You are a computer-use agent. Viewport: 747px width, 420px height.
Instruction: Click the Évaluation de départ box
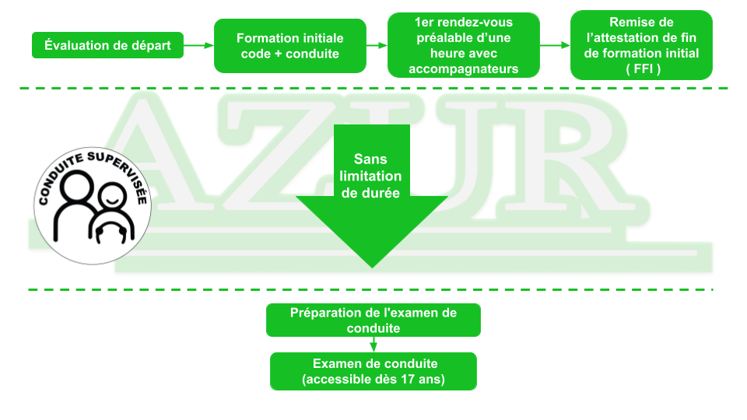[107, 45]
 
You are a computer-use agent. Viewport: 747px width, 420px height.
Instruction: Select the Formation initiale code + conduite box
[289, 46]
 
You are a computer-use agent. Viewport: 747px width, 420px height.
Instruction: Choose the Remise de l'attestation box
[641, 45]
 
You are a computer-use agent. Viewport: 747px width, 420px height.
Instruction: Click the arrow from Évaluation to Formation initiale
[198, 45]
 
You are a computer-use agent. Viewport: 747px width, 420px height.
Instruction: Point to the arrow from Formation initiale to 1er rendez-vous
[377, 46]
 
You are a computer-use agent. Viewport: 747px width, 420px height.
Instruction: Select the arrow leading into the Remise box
[555, 46]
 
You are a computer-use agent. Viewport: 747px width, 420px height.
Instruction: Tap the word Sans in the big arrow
[370, 159]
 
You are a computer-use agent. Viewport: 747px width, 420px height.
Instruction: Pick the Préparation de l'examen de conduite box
[373, 320]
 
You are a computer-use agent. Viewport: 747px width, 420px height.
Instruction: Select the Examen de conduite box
[373, 372]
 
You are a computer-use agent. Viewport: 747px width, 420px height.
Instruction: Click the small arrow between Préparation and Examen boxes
[373, 345]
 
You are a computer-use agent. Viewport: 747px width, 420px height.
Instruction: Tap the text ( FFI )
[642, 68]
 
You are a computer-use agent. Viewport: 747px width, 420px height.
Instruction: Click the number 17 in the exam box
[408, 380]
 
